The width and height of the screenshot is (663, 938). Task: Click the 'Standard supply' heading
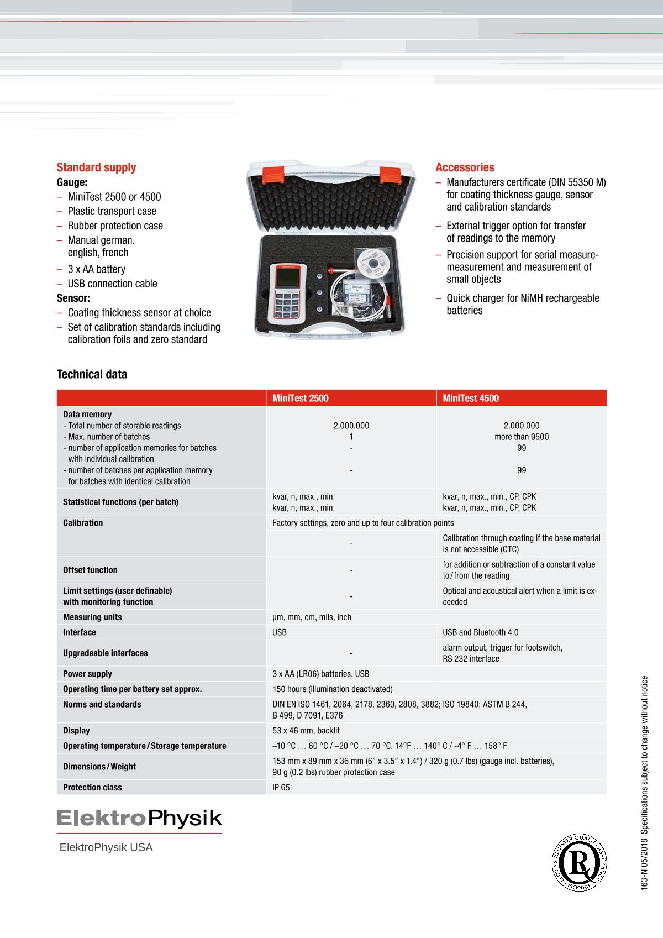click(x=96, y=167)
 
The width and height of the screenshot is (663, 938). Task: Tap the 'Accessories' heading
click(x=465, y=167)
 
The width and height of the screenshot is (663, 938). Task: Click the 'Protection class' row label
click(x=92, y=787)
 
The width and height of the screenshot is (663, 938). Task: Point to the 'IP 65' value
click(x=281, y=787)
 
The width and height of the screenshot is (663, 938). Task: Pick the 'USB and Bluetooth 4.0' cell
click(x=480, y=632)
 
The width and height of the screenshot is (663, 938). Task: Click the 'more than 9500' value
click(x=522, y=437)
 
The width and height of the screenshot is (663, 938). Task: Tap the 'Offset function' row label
click(x=90, y=570)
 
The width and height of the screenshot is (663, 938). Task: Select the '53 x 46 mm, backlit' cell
click(x=306, y=731)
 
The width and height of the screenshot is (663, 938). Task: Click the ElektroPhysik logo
click(x=139, y=819)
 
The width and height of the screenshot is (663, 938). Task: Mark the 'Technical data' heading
click(x=92, y=374)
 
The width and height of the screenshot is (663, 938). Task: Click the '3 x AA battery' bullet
click(x=96, y=269)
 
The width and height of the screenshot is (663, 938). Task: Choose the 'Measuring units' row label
click(x=92, y=617)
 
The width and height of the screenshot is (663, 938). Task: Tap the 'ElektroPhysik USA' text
click(x=106, y=847)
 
